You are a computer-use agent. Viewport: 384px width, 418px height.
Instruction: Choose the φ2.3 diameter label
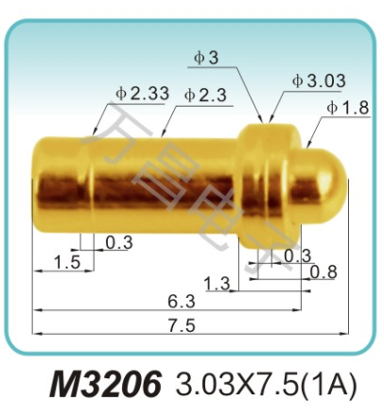(204, 95)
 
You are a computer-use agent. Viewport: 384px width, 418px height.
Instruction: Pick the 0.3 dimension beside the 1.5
(118, 243)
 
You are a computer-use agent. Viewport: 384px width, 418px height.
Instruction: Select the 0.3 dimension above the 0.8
(297, 255)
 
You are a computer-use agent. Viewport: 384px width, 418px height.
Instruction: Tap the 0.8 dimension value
(324, 273)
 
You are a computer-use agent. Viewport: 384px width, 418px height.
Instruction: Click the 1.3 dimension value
(217, 283)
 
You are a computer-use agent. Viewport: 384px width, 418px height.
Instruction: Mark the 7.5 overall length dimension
(181, 327)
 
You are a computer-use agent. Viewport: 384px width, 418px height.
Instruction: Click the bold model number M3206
(104, 385)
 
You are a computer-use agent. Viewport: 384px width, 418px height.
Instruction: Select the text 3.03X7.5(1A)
(262, 386)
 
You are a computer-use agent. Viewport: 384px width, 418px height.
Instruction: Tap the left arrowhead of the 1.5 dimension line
(36, 271)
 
